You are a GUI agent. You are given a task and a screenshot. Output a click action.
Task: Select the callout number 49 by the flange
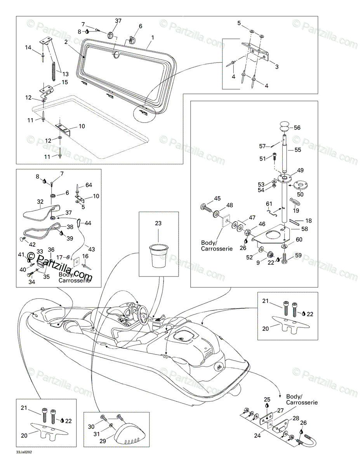300,170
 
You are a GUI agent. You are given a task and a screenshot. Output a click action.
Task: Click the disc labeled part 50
300,185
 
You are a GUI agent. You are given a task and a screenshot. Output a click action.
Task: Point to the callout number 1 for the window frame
153,38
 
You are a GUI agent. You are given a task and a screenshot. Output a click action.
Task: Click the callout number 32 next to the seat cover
40,202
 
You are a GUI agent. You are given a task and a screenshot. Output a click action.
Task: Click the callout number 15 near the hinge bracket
64,82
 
